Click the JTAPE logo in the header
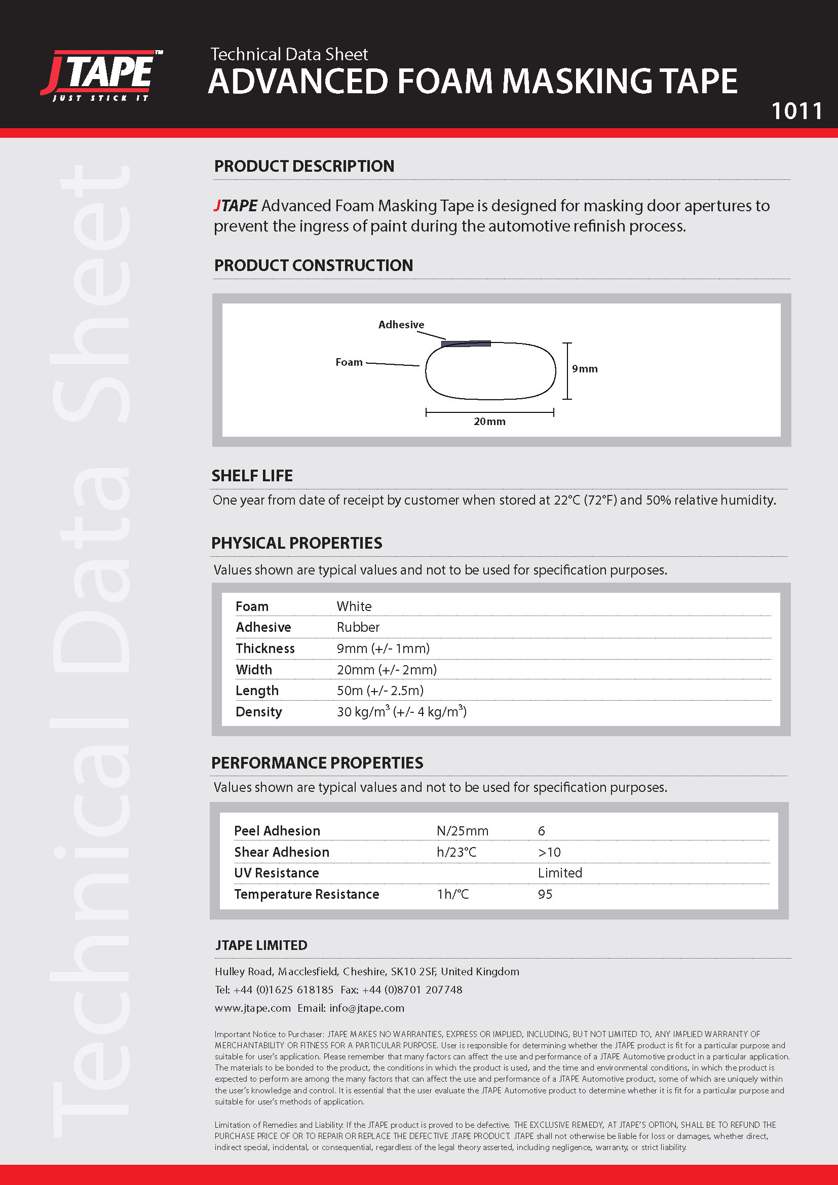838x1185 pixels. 102,75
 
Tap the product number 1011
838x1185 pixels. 796,111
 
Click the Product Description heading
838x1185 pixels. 304,166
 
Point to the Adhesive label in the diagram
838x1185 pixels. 401,325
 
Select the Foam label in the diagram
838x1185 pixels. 349,362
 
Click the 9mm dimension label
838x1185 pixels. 585,369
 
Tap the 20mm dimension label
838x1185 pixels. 489,422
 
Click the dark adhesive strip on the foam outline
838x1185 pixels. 466,343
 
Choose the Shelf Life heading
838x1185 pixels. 252,475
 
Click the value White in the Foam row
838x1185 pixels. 354,606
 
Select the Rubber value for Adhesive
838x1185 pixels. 358,627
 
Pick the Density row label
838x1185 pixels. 258,712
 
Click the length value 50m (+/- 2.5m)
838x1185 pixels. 380,691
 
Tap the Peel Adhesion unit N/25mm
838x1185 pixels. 463,831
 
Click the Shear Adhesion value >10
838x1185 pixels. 549,852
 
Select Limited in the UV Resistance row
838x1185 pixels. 560,873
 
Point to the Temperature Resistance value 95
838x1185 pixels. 545,894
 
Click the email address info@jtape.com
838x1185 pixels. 367,1008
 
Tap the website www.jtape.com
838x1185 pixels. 253,1008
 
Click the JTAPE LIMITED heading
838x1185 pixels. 261,945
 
